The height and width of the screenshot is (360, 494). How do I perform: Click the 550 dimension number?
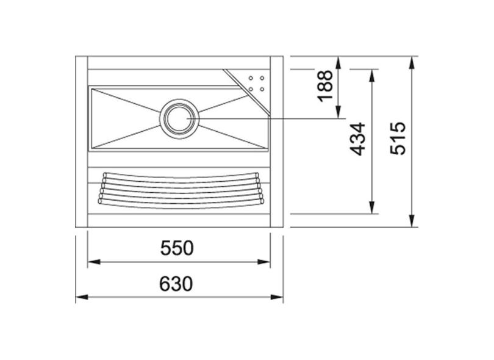[x=177, y=248]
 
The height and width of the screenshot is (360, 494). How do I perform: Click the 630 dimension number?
[x=176, y=284]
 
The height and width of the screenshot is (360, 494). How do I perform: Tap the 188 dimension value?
[x=325, y=86]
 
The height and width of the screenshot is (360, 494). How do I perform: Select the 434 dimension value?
[x=358, y=139]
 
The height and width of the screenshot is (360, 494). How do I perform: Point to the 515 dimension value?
[x=398, y=138]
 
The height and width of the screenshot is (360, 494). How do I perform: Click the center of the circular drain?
[x=179, y=118]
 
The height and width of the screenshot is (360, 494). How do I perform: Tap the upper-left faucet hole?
[x=251, y=78]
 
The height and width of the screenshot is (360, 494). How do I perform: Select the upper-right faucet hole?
[x=262, y=78]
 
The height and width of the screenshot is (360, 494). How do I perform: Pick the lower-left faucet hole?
[x=251, y=89]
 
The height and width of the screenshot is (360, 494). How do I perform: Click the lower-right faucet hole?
[x=262, y=89]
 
